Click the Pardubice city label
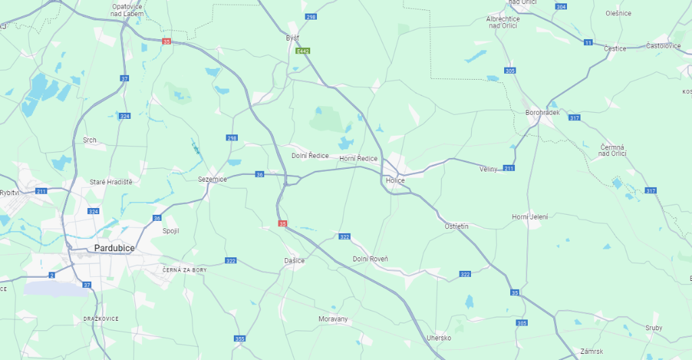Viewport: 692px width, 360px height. [114, 249]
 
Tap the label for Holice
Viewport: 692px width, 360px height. [395, 181]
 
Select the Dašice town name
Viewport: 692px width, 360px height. [294, 261]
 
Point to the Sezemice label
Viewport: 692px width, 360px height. [212, 179]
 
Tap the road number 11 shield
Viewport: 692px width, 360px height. [588, 43]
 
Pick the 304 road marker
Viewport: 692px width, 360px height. [560, 6]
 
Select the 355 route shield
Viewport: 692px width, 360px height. [239, 338]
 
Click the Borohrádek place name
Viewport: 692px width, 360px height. [542, 113]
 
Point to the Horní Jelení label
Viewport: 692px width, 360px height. [530, 217]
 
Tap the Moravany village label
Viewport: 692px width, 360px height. [332, 319]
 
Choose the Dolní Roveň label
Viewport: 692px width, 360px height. [370, 259]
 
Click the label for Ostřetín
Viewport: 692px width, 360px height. [456, 226]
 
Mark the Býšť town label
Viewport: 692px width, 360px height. [293, 38]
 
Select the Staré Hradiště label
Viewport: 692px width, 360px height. [111, 182]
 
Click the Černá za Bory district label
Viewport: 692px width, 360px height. [184, 269]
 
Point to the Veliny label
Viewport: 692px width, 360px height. [488, 168]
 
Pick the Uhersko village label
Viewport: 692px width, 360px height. [439, 338]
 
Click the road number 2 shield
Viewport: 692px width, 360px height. [51, 275]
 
